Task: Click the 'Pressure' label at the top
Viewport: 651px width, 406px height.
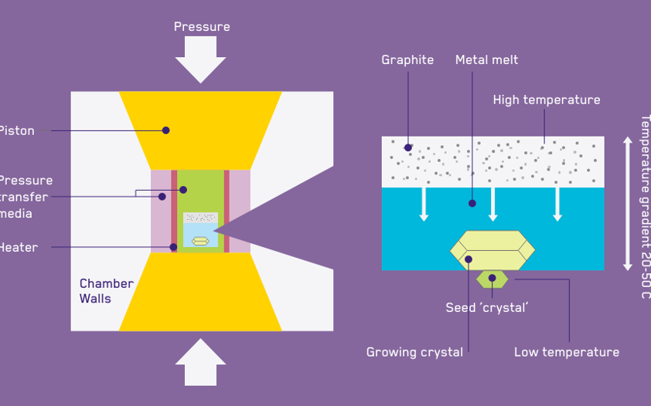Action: [x=201, y=27]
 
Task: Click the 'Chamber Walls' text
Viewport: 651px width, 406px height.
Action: [x=106, y=291]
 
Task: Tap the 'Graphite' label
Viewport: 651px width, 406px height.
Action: [x=407, y=60]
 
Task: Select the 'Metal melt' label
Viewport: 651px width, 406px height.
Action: [x=486, y=60]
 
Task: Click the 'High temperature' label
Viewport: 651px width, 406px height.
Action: [x=546, y=100]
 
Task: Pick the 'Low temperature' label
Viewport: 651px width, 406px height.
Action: [x=566, y=353]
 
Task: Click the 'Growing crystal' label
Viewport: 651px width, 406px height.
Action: [x=414, y=353]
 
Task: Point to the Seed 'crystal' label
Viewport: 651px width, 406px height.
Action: [x=486, y=308]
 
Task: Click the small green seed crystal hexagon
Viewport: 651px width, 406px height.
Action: [x=492, y=279]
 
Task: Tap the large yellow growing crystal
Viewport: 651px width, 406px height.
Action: [x=493, y=249]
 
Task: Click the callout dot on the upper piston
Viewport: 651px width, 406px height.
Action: [x=165, y=130]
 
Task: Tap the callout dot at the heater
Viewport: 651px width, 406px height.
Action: [x=174, y=248]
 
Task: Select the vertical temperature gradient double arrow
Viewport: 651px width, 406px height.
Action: [x=628, y=204]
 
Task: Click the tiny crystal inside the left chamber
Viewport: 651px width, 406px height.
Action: [x=200, y=241]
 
